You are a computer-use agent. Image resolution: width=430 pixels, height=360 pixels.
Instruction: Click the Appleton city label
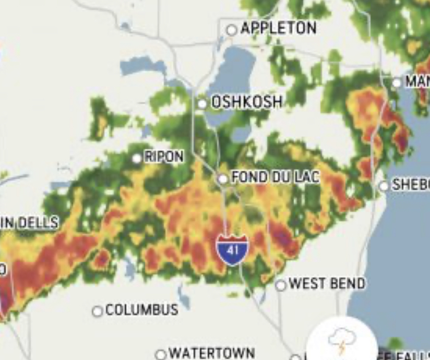278,28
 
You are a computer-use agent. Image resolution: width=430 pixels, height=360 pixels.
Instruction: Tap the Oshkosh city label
246,102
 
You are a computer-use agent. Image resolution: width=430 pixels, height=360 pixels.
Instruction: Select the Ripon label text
164,157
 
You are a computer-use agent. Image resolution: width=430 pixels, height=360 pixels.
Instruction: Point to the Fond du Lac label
275,177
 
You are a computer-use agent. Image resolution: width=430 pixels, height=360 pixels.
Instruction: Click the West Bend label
327,284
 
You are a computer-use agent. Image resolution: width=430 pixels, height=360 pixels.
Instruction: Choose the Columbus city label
142,310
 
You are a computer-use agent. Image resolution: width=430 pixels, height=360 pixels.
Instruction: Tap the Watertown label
212,353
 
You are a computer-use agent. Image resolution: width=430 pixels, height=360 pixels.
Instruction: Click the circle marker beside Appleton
232,30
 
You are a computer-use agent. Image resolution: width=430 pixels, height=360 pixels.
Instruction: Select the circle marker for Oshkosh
202,104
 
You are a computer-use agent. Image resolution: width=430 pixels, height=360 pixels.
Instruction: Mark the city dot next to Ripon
137,158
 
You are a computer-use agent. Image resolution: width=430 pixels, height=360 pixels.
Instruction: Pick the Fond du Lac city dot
223,179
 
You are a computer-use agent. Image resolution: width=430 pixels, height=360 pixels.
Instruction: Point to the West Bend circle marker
281,285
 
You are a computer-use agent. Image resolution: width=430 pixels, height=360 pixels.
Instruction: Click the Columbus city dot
97,311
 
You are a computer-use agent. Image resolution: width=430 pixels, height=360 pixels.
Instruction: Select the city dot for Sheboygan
384,186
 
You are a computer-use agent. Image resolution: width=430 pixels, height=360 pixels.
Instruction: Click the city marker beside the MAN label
397,82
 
